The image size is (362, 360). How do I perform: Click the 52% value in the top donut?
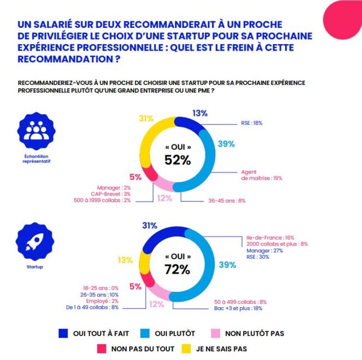point(178,160)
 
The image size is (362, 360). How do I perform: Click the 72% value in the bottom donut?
point(178,269)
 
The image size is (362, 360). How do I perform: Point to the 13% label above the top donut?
point(200,113)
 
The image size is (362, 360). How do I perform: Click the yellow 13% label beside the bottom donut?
point(125,260)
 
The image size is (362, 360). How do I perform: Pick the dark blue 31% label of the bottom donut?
point(149,225)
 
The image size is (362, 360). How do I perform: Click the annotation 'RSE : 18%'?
point(252,124)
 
